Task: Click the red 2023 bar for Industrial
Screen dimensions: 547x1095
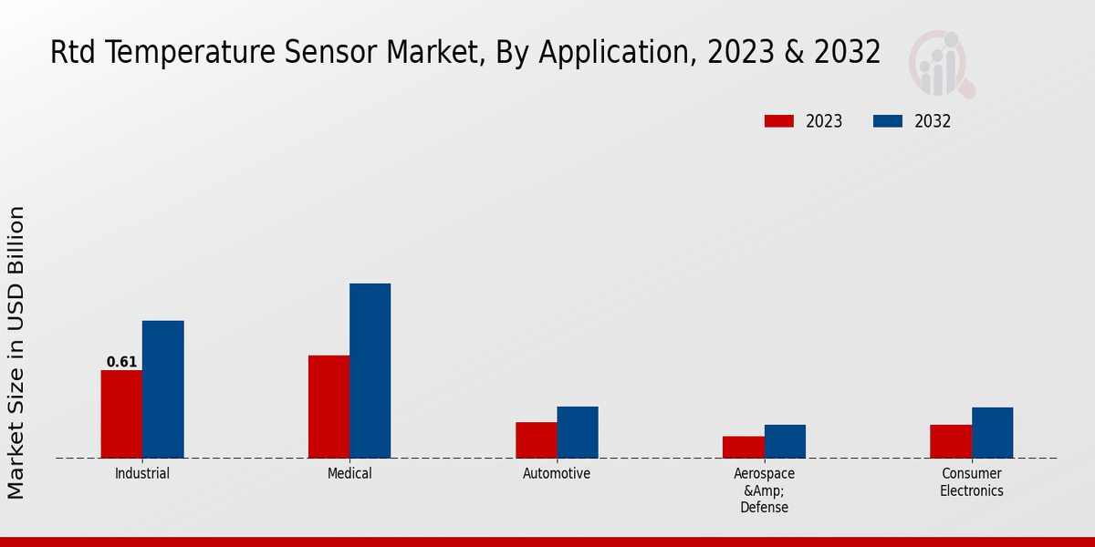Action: pyautogui.click(x=121, y=414)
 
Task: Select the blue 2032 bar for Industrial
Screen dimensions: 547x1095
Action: pyautogui.click(x=162, y=389)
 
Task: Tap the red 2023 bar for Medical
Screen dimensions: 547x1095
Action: pyautogui.click(x=328, y=407)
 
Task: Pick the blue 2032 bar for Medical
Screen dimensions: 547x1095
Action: pyautogui.click(x=370, y=370)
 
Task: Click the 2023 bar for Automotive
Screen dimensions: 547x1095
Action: pyautogui.click(x=536, y=440)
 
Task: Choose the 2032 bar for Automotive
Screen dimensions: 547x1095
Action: pyautogui.click(x=578, y=432)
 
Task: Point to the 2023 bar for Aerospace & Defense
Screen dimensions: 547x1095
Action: pyautogui.click(x=743, y=447)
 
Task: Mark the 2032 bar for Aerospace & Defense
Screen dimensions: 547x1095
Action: pyautogui.click(x=785, y=441)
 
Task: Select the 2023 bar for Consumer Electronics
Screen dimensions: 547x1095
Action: pyautogui.click(x=951, y=441)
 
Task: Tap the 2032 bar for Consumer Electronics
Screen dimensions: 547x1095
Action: pyautogui.click(x=992, y=432)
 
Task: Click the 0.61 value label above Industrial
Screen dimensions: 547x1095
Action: pyautogui.click(x=121, y=362)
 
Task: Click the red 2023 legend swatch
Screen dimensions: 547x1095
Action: pyautogui.click(x=779, y=121)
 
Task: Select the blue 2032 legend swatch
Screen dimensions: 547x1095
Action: pyautogui.click(x=888, y=121)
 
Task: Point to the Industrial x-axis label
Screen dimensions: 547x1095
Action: pyautogui.click(x=142, y=474)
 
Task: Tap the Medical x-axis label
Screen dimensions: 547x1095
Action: pyautogui.click(x=349, y=474)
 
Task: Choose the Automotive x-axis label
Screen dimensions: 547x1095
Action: pyautogui.click(x=557, y=474)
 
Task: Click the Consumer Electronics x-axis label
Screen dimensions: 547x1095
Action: pyautogui.click(x=972, y=482)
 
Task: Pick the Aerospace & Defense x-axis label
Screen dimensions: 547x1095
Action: pyautogui.click(x=764, y=490)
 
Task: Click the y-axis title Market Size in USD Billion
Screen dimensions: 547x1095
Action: pyautogui.click(x=16, y=353)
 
